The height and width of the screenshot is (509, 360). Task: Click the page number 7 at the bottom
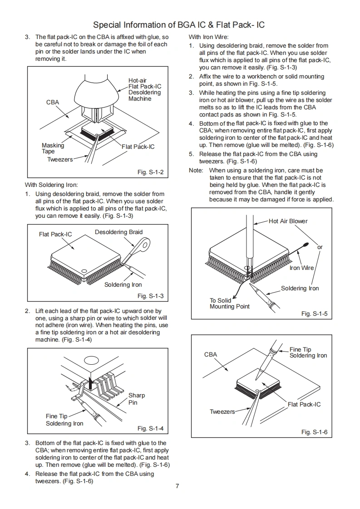coord(178,486)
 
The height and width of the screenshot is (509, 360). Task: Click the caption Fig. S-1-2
coord(150,172)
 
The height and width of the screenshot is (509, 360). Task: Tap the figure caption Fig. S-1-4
coord(150,429)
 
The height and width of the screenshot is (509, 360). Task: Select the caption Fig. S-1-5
coord(314,314)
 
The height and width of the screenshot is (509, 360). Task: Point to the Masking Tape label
coord(53,148)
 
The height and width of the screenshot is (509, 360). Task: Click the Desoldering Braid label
coord(118,232)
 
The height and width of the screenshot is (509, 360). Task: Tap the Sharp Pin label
coord(136,399)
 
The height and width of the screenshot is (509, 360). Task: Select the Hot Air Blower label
coord(288,221)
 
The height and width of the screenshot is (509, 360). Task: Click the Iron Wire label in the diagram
coord(301,268)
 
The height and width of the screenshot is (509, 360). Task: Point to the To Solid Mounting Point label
coord(229,303)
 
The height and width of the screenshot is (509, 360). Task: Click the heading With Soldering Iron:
coord(51,185)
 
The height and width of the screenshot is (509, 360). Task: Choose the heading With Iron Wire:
coord(208,37)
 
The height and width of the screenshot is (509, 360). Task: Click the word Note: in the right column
coord(196,170)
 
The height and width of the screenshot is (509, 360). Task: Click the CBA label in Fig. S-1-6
coord(211,354)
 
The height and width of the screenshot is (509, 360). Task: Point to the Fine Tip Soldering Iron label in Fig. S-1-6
coord(308,352)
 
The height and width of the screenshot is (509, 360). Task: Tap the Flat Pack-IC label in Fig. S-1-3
coord(55,235)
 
